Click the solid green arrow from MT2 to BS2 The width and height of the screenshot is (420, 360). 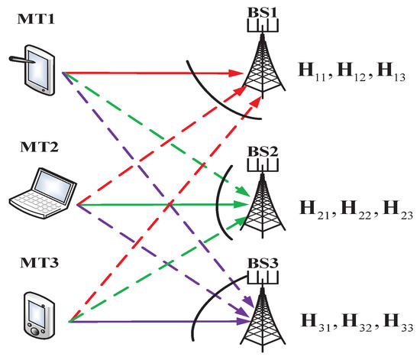click(x=160, y=205)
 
